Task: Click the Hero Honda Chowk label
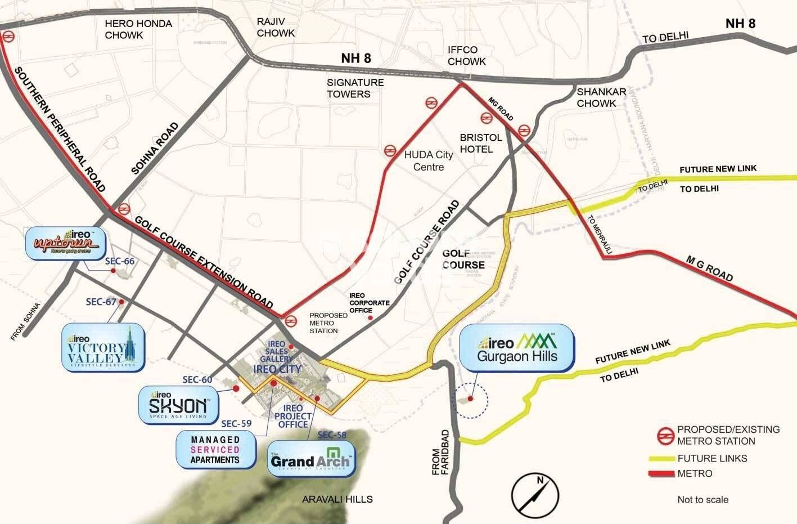point(138,29)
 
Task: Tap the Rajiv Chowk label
point(275,27)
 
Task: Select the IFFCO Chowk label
point(466,55)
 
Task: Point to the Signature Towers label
point(355,88)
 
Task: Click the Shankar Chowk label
point(601,97)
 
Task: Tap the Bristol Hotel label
point(480,143)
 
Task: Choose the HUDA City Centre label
point(429,161)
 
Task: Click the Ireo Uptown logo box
point(66,243)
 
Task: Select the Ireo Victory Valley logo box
point(103,347)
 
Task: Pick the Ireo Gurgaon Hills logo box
point(517,348)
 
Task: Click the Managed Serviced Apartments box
point(215,450)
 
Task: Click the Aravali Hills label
point(337,499)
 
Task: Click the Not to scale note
point(703,500)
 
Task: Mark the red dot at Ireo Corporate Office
point(370,318)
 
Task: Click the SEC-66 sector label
point(120,261)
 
